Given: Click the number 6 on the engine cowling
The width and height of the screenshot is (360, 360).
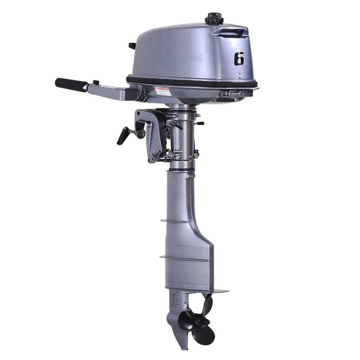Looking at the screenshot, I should point(239,59).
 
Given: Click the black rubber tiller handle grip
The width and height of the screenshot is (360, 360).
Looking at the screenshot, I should point(71,84).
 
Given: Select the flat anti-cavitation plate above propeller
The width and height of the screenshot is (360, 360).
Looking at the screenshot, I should point(216,290).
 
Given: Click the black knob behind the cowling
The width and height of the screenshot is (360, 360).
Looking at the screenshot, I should point(132,46).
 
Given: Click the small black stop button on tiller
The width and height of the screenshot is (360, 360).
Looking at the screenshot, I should point(95,82).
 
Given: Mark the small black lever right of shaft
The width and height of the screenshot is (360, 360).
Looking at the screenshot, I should point(199,123).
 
